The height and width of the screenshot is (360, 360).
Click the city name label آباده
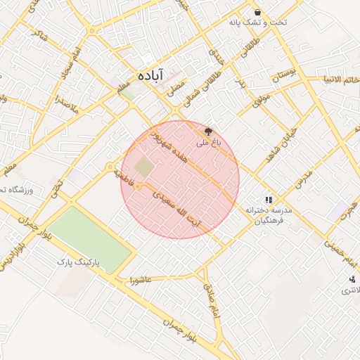click(150, 75)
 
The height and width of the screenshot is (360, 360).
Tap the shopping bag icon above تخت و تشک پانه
click(258, 13)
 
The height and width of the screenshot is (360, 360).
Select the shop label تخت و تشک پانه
click(247, 23)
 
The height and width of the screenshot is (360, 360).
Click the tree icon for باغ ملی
click(207, 130)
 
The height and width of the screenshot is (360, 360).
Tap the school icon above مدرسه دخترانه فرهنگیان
click(269, 200)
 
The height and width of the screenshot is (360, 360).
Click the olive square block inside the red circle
click(144, 167)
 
